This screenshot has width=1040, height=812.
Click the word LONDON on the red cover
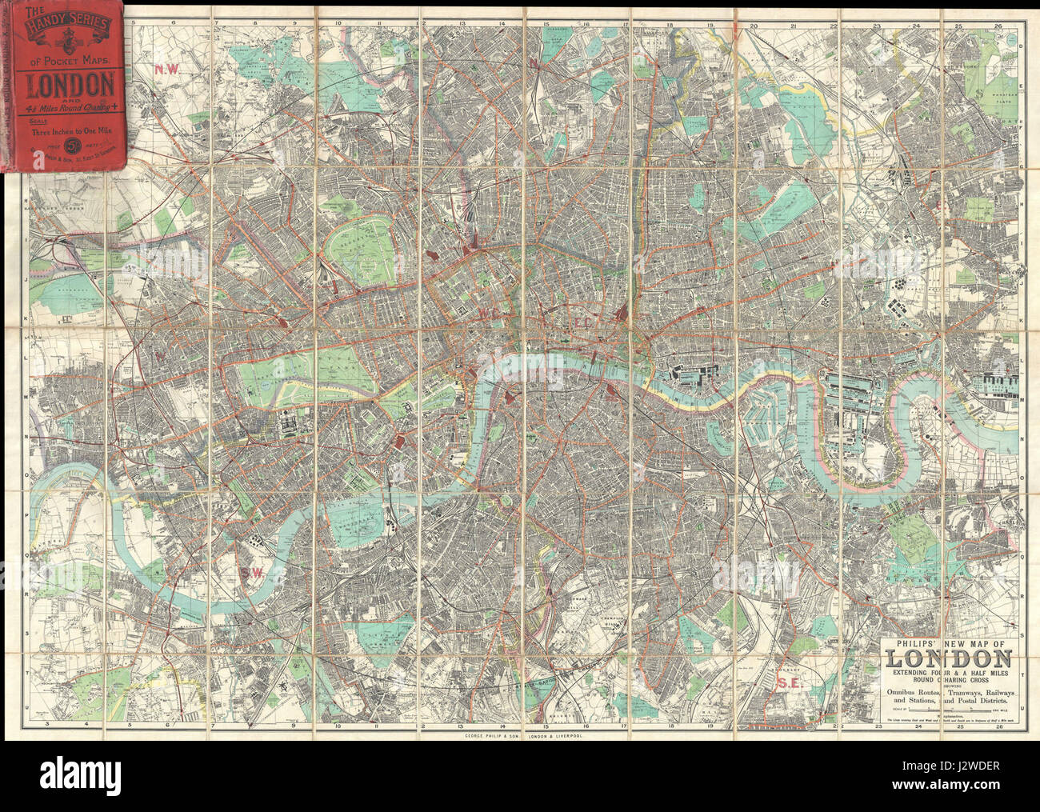coord(70,83)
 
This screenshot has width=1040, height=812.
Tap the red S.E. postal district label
coord(789,682)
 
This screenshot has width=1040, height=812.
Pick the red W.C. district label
coord(489,314)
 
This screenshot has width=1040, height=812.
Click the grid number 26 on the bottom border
coord(997,726)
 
